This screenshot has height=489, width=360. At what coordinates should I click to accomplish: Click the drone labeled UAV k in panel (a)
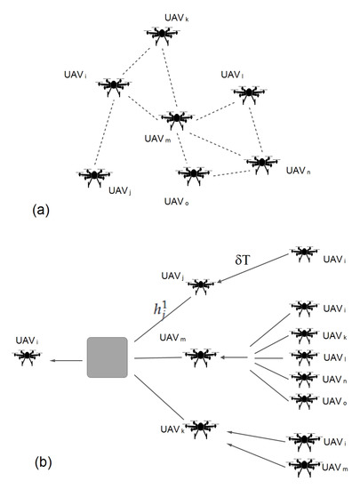162,35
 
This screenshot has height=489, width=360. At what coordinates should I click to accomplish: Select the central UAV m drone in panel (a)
176,118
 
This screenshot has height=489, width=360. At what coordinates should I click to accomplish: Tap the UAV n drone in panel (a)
260,164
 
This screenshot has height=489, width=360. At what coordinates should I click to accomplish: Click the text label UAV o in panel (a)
176,200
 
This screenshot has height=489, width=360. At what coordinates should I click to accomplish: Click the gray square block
108,358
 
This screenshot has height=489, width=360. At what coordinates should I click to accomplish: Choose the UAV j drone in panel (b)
201,285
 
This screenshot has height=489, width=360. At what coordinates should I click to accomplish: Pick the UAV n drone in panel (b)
303,378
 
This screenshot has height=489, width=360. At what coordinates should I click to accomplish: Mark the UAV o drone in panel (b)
303,400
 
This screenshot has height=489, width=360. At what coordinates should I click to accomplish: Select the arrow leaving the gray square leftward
67,359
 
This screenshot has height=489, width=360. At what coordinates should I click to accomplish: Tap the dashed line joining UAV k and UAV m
169,76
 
